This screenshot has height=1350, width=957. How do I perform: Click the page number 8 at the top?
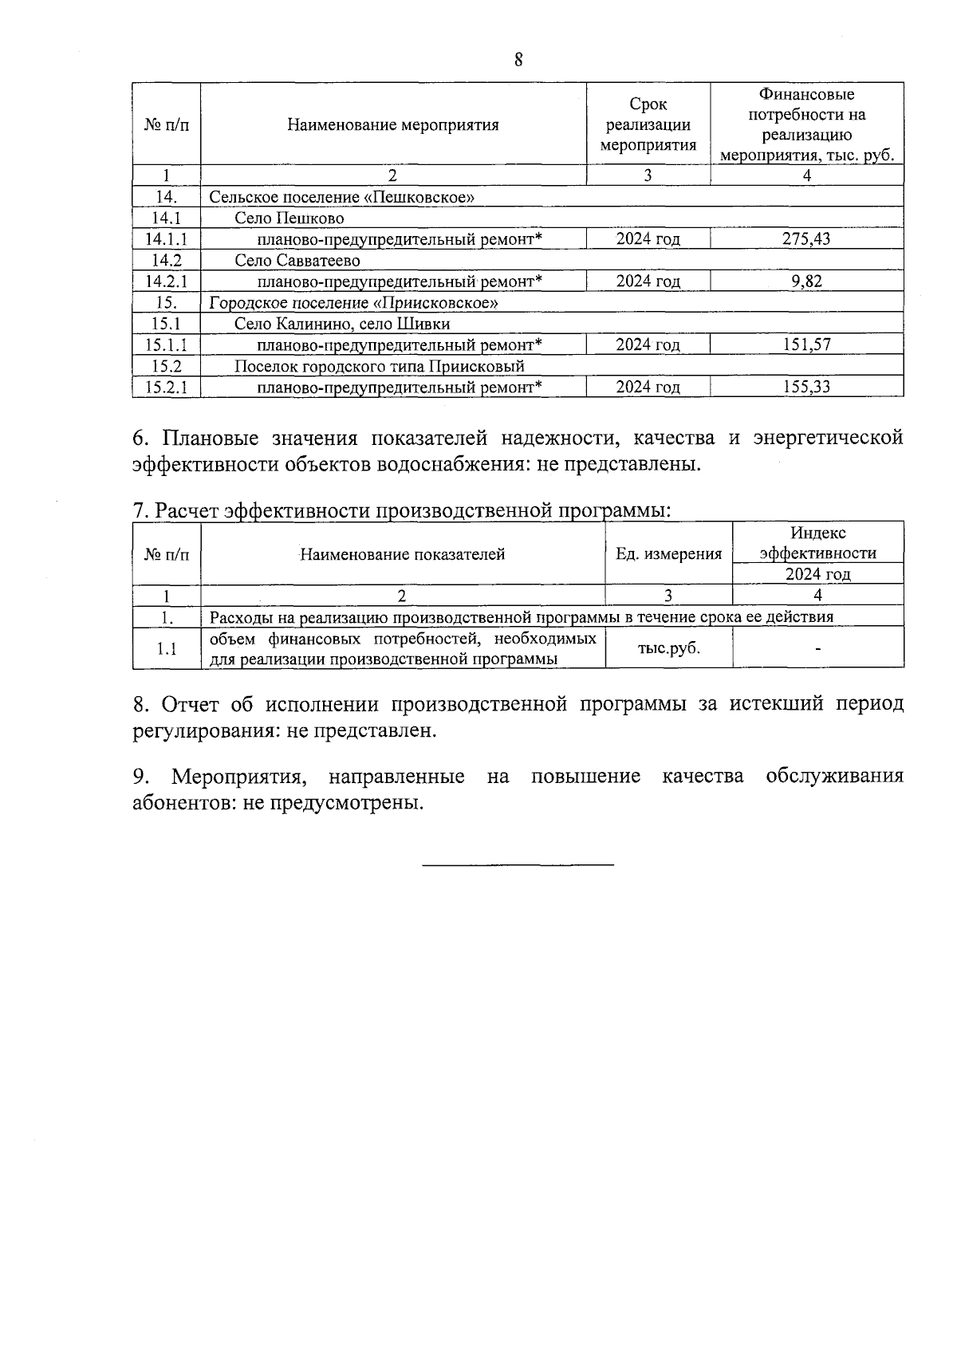pos(518,60)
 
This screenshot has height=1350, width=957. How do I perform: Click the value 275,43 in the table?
pos(806,238)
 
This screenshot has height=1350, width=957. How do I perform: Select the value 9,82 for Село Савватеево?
pos(807,281)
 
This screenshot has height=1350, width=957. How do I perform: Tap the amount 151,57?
pos(806,344)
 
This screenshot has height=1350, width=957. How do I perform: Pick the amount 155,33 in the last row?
pos(806,387)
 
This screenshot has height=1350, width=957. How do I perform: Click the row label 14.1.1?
pos(166,238)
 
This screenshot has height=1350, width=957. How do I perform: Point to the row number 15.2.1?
pos(166,387)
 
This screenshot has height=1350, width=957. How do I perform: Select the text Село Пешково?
pos(289,218)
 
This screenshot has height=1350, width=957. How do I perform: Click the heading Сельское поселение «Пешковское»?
pos(342,197)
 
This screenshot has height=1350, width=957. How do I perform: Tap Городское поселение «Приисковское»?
pos(354,302)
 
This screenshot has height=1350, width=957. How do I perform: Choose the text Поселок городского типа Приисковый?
pos(380,366)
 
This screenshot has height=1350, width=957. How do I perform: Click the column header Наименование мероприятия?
pos(393,124)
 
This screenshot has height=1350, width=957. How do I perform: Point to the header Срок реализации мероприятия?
pos(648,124)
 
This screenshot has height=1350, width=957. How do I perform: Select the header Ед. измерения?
pos(668,553)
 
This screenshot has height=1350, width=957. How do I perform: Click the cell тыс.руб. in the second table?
pos(668,647)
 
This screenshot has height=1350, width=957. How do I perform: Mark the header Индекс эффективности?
pos(818,543)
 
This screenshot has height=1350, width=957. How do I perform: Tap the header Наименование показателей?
pos(403,553)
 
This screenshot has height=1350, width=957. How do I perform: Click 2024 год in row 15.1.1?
pos(648,344)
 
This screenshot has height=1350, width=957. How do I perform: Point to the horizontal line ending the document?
pos(518,864)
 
